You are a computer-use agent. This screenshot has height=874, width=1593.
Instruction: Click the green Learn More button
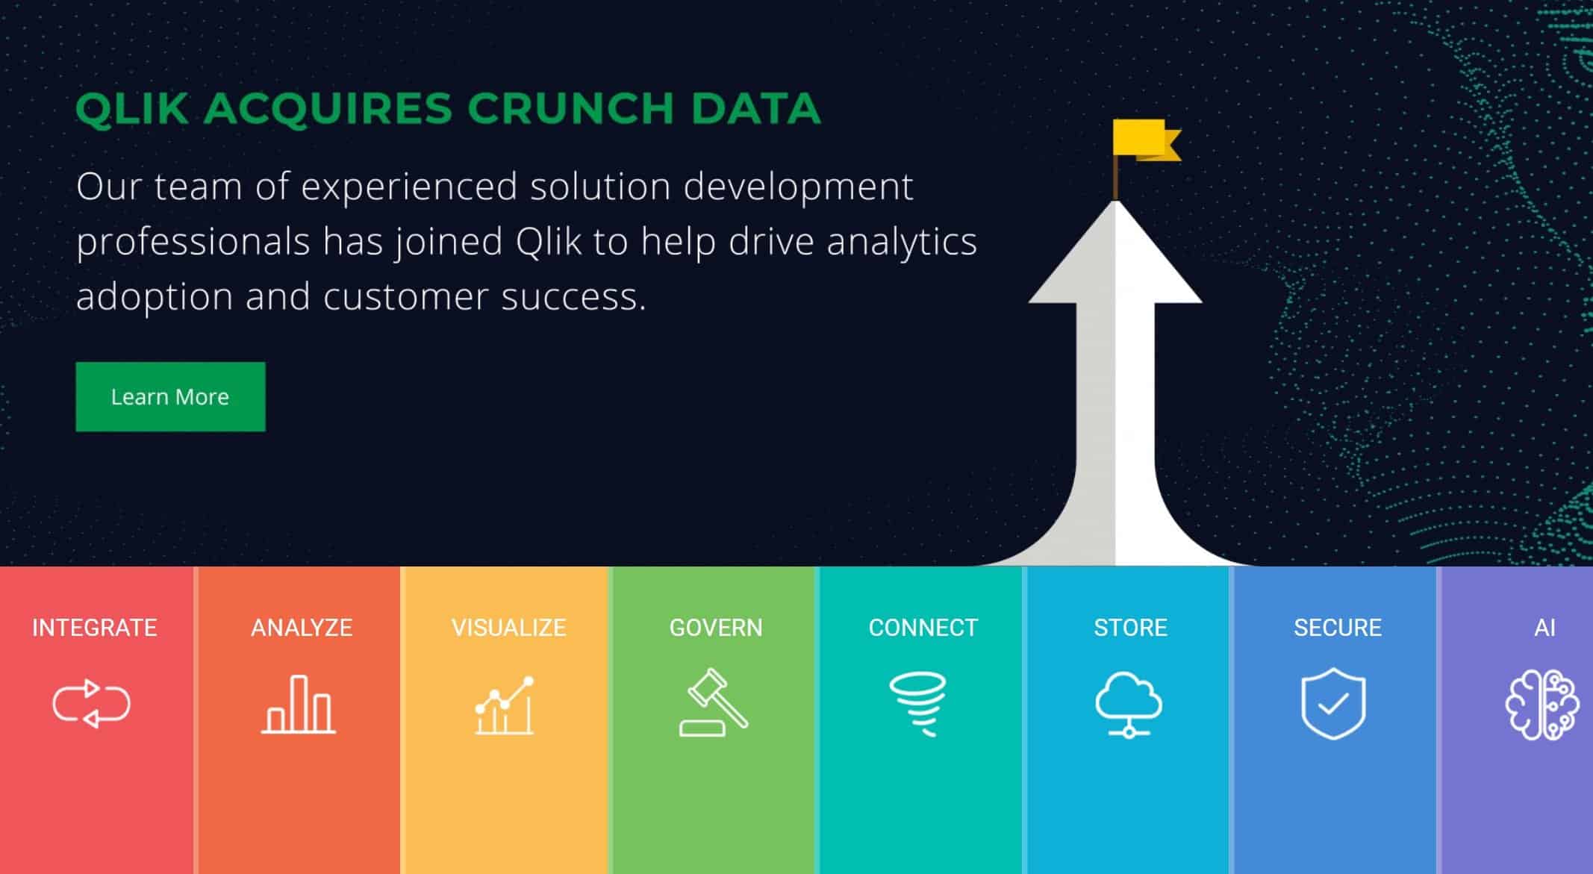click(170, 396)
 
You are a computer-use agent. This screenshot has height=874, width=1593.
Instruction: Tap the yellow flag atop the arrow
click(1144, 140)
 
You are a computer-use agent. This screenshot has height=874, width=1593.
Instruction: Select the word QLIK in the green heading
click(131, 108)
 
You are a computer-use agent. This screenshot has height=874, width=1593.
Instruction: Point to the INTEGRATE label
click(94, 628)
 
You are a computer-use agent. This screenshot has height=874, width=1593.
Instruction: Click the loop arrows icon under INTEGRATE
click(92, 703)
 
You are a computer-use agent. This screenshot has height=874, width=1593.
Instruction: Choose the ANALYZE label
click(302, 628)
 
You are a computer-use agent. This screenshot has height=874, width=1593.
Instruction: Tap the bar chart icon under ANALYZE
click(299, 705)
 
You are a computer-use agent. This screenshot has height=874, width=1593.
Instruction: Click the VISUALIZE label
click(508, 628)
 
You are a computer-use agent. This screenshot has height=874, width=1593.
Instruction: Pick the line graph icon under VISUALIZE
click(505, 705)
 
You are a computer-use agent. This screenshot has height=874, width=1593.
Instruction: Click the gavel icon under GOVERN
click(714, 702)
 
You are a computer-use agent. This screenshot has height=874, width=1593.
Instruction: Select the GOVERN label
click(716, 628)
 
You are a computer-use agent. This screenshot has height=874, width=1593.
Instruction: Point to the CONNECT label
click(923, 628)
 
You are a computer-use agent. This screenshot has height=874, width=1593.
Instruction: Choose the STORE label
click(1130, 628)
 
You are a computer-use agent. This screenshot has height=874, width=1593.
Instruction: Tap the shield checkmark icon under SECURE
click(1333, 704)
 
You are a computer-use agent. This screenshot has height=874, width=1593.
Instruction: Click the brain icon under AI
click(1541, 705)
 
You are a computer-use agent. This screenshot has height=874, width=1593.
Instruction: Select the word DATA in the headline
click(756, 108)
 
